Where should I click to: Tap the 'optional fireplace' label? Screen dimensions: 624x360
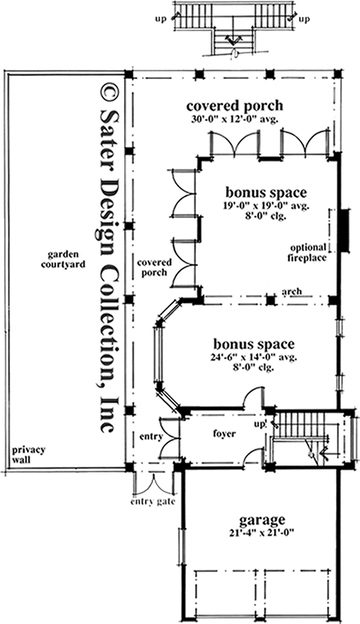pos(308,253)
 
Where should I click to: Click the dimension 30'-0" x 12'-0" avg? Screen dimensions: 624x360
pos(234,119)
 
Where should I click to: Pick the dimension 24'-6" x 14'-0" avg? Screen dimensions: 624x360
pos(254,357)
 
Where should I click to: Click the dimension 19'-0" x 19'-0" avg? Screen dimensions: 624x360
pos(265,205)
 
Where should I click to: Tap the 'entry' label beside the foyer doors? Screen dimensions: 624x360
pos(151,437)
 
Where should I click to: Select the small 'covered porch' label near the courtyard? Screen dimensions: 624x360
pos(153,267)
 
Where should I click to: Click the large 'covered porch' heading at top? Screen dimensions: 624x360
pos(234,106)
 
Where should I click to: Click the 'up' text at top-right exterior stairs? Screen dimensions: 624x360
pos(305,19)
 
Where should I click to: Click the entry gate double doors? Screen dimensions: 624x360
pos(154,482)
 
